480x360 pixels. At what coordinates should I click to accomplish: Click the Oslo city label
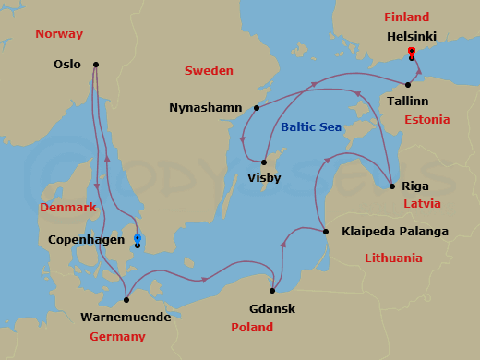pos(67,65)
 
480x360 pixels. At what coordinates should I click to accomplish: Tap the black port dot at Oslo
pos(96,65)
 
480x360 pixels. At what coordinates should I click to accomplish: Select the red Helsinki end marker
pos(411,52)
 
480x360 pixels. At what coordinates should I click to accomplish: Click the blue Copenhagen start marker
pos(138,237)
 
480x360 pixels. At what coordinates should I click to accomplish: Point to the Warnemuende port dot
pos(126,299)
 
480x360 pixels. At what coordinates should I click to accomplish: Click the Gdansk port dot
pos(272,291)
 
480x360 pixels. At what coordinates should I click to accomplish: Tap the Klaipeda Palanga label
pos(394,231)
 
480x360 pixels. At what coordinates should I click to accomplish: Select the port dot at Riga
pos(392,186)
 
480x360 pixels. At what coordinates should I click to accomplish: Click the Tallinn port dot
pos(407,85)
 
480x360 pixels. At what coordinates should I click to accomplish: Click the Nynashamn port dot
pos(256,108)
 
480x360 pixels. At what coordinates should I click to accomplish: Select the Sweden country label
pos(209,71)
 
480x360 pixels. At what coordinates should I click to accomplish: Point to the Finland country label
pos(407,18)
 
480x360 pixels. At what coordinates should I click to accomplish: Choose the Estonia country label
pos(426,120)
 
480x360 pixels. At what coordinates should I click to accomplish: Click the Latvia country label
pos(421,203)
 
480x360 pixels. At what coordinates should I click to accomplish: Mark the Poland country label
pos(251,328)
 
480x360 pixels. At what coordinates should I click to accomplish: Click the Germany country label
pos(117,337)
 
